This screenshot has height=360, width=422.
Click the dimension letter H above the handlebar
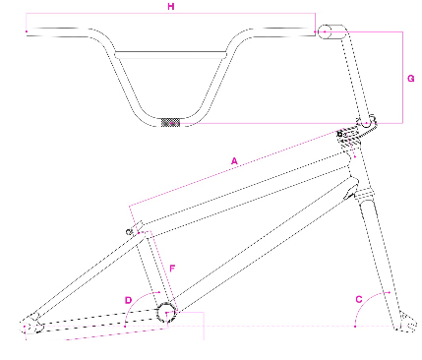click(x=171, y=7)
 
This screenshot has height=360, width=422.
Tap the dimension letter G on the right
click(x=411, y=79)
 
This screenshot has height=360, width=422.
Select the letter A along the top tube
click(x=234, y=161)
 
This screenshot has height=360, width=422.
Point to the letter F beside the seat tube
click(x=172, y=269)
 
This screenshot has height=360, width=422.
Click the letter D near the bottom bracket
click(x=128, y=300)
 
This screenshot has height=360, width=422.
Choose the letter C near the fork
click(x=359, y=299)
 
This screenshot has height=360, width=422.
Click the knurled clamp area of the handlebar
click(x=171, y=123)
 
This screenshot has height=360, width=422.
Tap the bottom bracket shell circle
click(x=167, y=313)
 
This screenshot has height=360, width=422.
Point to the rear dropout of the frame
click(x=32, y=325)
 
